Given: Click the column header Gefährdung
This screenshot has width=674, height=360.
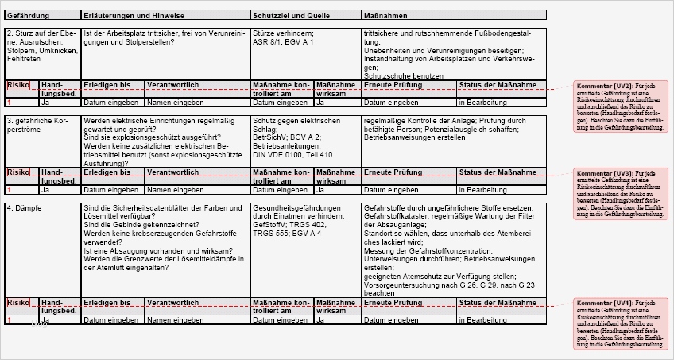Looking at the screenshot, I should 27,15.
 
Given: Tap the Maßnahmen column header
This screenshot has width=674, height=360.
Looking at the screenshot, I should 385,15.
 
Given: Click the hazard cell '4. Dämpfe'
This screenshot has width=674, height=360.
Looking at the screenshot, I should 24,207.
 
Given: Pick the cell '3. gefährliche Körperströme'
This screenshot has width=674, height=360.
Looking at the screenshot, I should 36,124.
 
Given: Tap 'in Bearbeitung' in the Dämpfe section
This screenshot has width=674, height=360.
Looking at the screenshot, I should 482,320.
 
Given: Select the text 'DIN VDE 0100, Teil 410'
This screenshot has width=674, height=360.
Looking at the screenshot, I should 292,154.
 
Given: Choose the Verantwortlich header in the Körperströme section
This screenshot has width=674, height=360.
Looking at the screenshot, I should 172,172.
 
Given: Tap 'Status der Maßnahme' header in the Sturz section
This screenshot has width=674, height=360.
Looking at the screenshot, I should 498,84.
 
